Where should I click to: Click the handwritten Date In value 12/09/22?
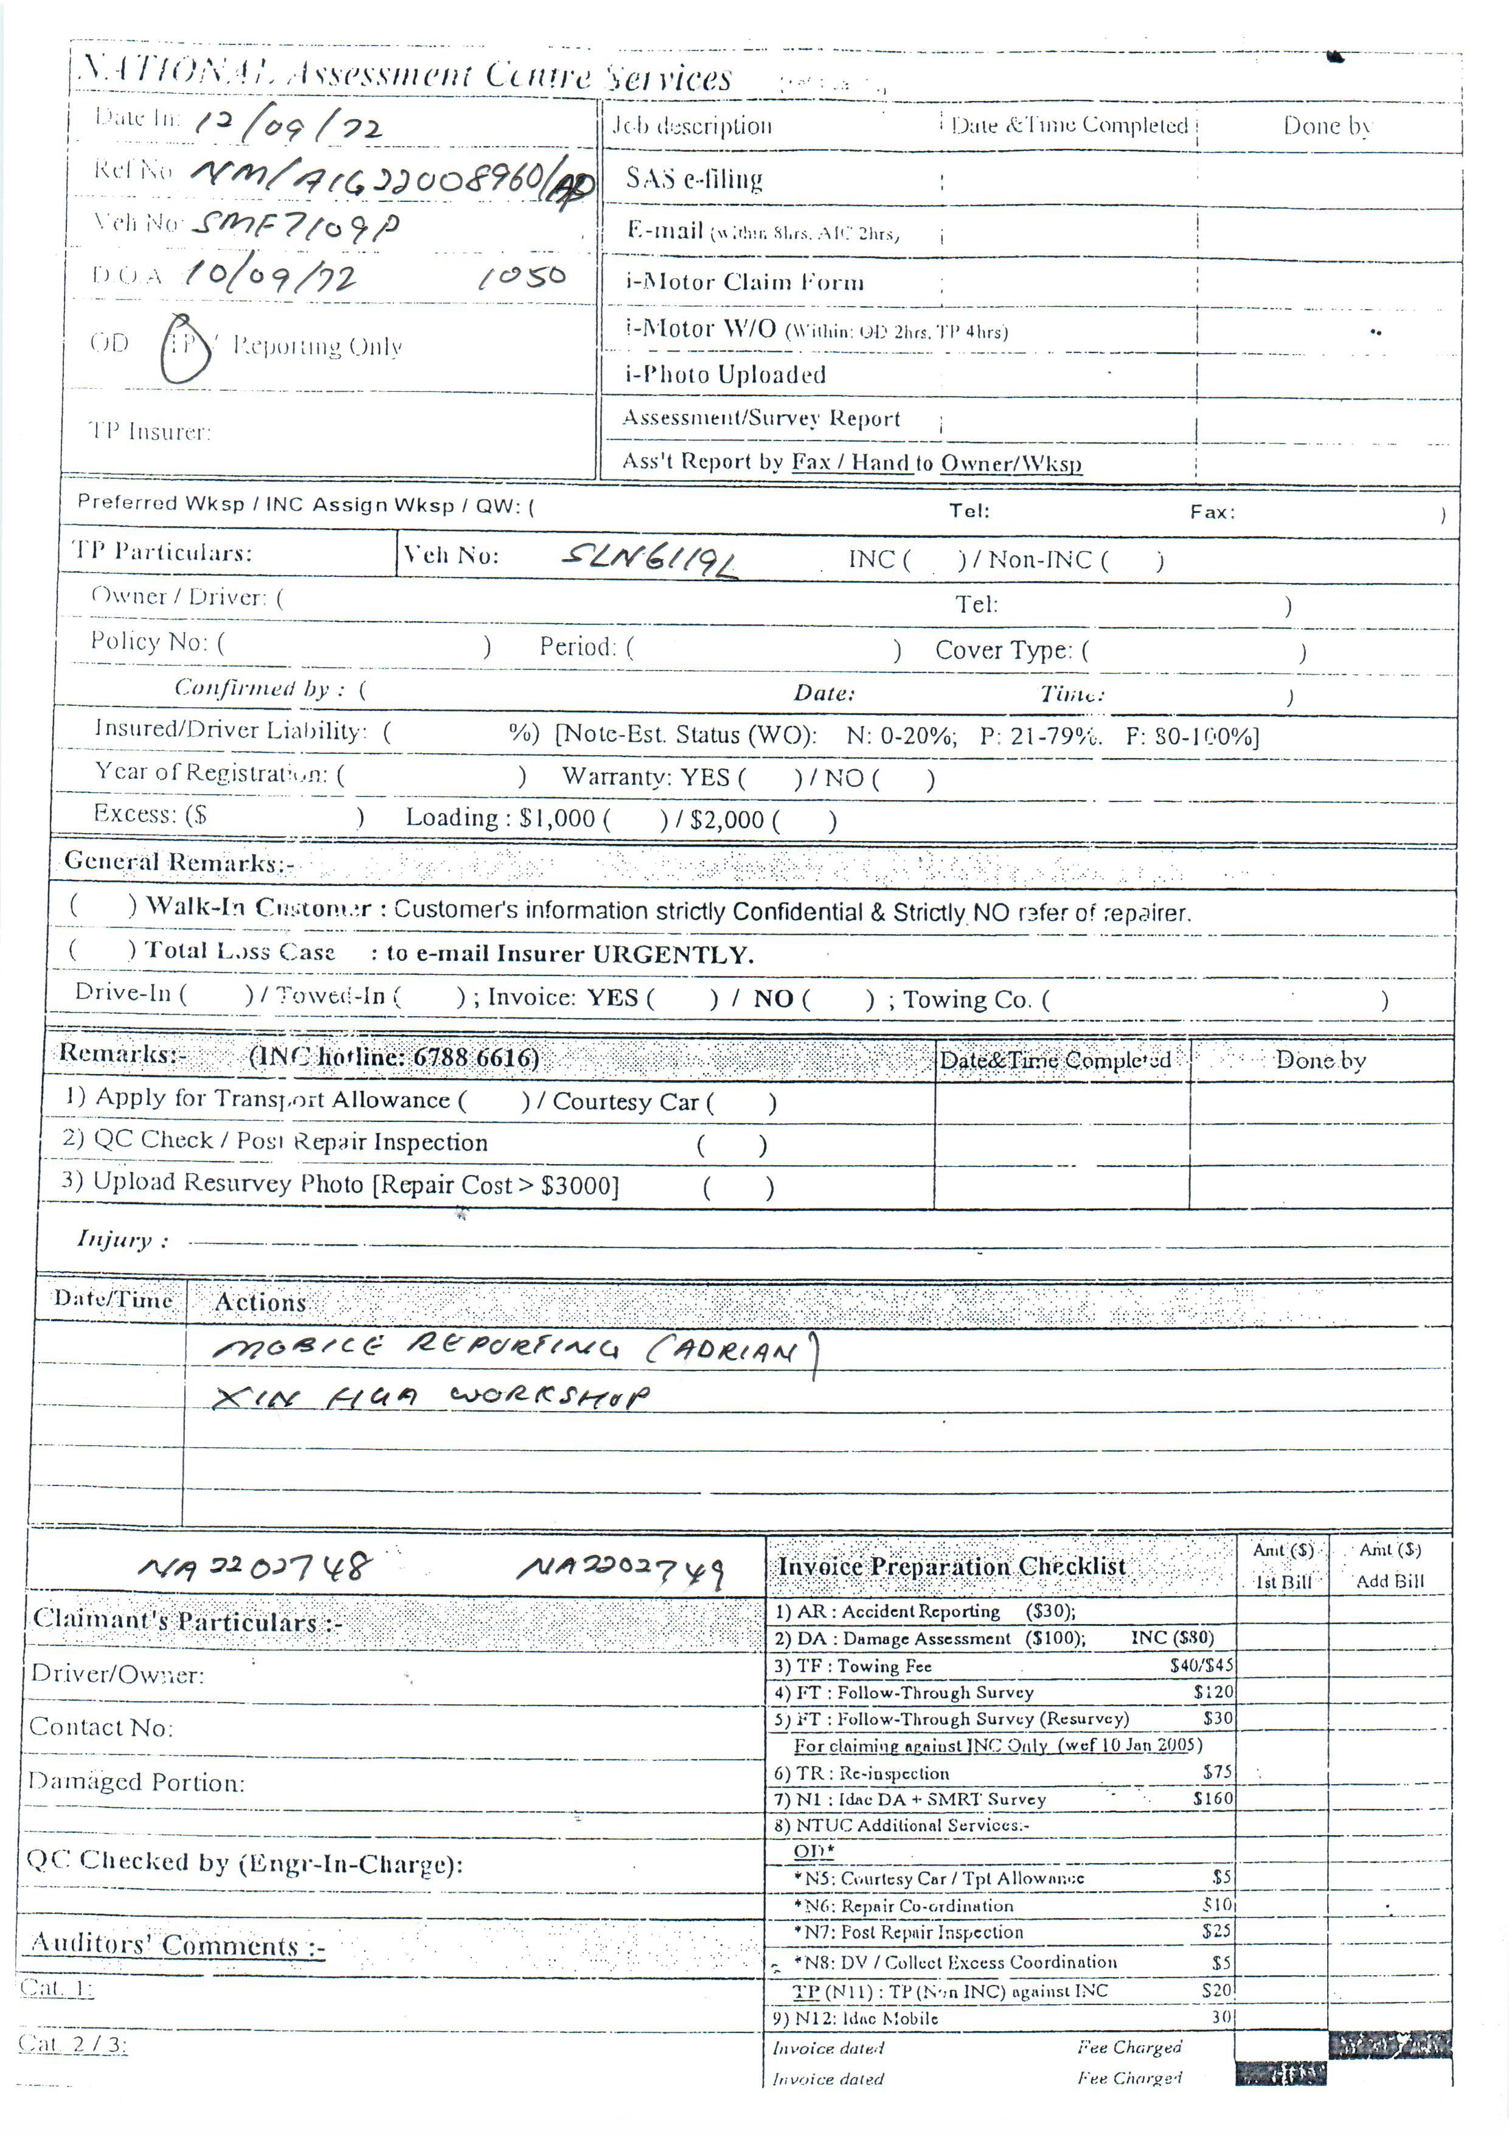pos(288,125)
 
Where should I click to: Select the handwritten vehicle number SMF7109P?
pos(298,226)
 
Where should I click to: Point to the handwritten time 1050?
pos(522,277)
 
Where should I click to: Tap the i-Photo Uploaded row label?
pos(725,375)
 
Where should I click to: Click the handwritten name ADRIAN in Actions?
pos(734,1350)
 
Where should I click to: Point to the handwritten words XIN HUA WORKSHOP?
pos(431,1398)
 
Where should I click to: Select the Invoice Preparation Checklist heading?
pos(951,1567)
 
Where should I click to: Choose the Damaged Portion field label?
pos(137,1782)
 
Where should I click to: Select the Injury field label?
pos(122,1240)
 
